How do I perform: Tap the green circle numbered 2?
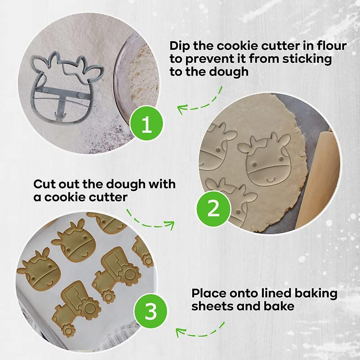tap(213, 208)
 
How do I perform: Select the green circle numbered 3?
tap(151, 311)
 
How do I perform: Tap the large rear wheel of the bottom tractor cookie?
tap(89, 308)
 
